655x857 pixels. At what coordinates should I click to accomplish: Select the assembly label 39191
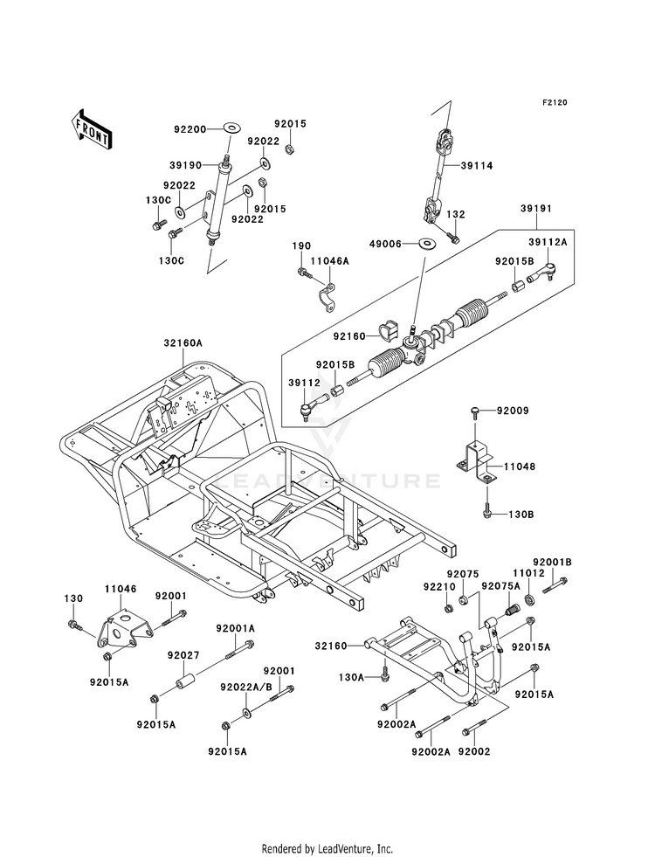click(x=528, y=210)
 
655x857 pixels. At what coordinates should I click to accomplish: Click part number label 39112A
click(x=547, y=245)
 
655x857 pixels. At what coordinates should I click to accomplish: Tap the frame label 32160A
click(x=181, y=344)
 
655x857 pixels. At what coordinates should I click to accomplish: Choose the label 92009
click(x=514, y=410)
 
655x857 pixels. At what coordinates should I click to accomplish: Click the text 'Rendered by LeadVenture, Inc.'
click(x=327, y=848)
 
